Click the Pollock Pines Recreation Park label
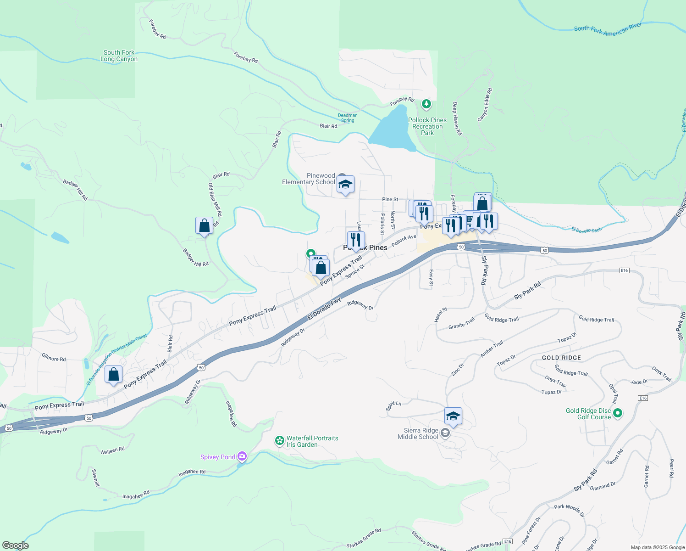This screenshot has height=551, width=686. coord(427,126)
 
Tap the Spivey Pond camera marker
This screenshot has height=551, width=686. coord(242,456)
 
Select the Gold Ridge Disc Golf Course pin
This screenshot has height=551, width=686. coord(618,413)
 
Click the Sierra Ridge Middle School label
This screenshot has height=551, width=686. coord(418,434)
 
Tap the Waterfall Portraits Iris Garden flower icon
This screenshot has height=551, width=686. coord(279,441)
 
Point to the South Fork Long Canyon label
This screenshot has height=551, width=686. coord(119,56)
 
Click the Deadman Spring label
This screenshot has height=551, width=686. coord(348,118)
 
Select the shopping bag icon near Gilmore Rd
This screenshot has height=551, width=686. coord(113,374)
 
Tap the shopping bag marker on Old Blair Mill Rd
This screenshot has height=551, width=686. coord(204,225)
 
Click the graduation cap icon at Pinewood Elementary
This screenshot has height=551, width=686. coord(345,184)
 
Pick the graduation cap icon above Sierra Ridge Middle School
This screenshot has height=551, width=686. coord(453,416)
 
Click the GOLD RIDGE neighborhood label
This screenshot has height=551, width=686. coord(561,358)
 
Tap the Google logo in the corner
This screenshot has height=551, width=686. coord(15,545)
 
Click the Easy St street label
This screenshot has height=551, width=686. coord(431,277)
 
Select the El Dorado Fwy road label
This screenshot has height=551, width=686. coord(324,309)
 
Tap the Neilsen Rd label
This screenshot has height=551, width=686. coord(113,450)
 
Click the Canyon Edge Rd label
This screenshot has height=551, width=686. coord(485,105)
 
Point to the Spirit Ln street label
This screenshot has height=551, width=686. coord(393,406)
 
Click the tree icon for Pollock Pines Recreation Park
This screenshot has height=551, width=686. coord(426,104)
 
